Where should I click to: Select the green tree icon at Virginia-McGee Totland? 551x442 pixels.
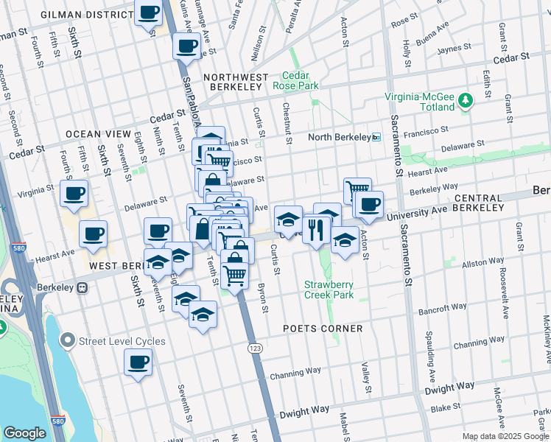pos(465,99)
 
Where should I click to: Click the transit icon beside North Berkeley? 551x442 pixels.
pos(376,137)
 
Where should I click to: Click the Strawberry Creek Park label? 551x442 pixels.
pos(329,290)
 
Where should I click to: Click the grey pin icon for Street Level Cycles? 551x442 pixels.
pos(69,340)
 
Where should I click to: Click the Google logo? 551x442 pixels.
pos(24,433)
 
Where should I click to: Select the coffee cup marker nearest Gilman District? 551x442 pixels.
pos(149,13)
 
